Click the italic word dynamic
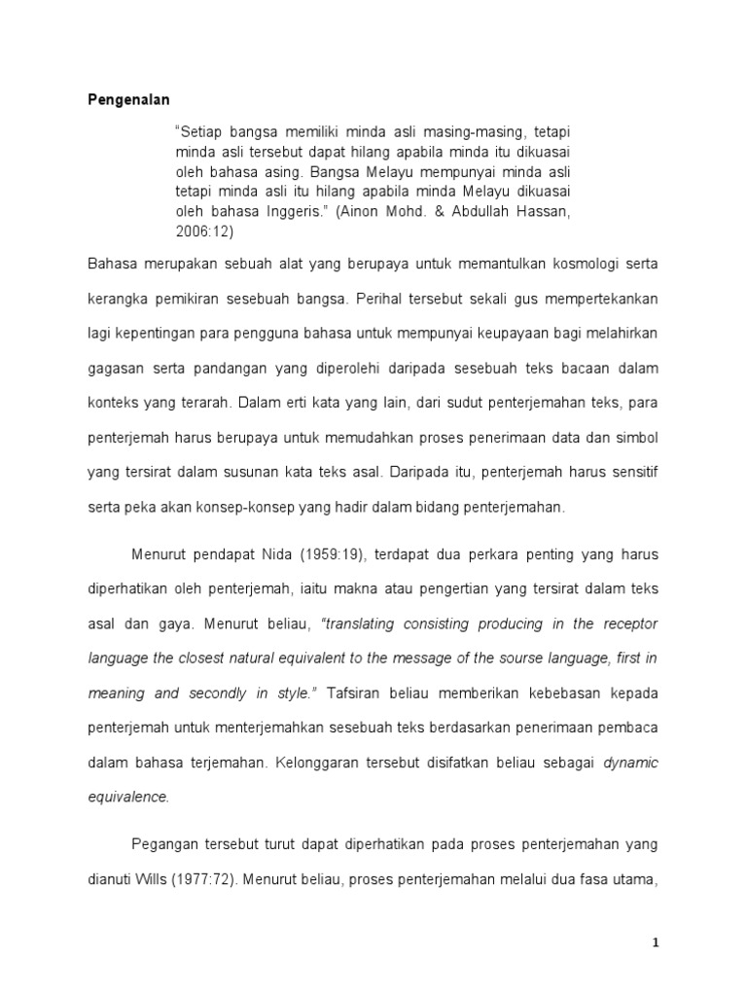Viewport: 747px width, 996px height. [x=630, y=763]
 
